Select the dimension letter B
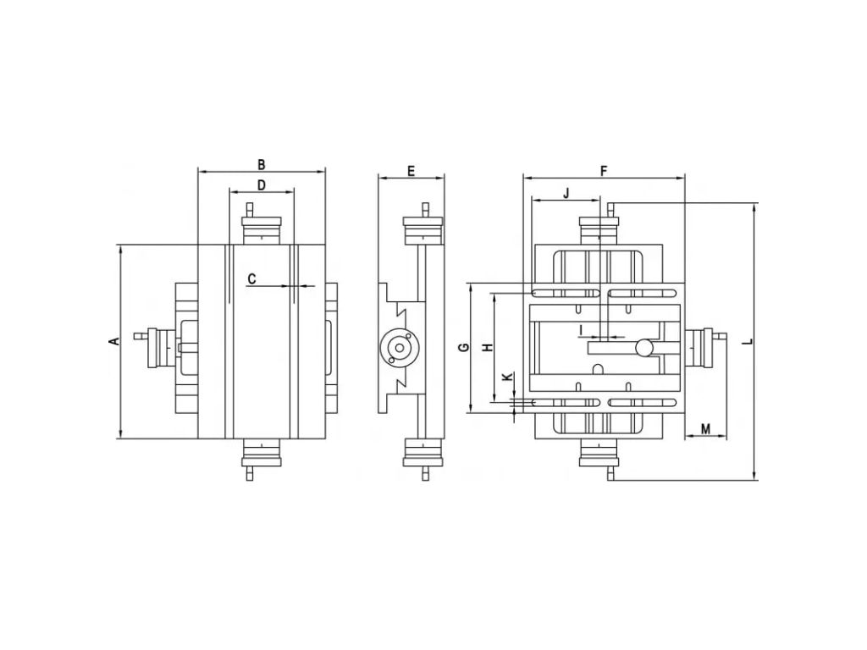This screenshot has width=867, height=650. pos(262,164)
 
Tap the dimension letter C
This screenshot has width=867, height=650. pos(251,278)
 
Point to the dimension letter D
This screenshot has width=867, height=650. pos(262,185)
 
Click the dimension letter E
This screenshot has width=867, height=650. pos(411,171)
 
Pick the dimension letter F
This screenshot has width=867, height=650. pos(604,171)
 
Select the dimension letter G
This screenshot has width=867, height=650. pos(463,348)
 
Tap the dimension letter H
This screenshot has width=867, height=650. pos(488,348)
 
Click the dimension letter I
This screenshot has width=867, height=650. pos(582,328)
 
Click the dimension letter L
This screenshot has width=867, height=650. pos(748,341)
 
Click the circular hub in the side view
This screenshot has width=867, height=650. pos(397,348)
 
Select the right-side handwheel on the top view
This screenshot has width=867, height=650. pos(699,348)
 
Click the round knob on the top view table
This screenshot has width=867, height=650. pos(644,347)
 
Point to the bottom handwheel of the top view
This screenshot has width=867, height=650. pos(599,455)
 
